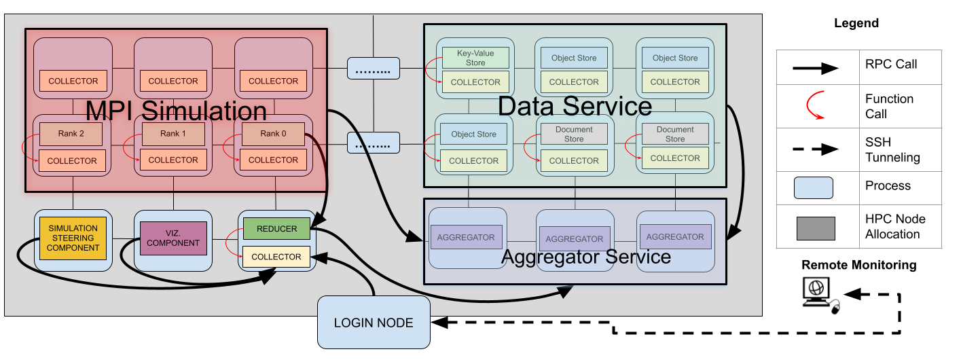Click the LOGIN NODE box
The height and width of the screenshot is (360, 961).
374,323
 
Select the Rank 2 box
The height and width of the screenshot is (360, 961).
71,134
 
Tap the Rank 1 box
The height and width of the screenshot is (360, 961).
173,134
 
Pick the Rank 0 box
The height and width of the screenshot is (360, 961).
273,134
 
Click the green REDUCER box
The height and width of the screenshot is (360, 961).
276,229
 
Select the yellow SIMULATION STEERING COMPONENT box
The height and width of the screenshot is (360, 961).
73,238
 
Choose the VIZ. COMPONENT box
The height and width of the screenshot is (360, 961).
173,238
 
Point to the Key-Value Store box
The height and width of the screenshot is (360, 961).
475,58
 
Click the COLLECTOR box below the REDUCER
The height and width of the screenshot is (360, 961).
276,257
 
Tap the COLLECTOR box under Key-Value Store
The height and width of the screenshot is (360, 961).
475,82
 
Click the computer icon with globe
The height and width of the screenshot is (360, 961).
820,294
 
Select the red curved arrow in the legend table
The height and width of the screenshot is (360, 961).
816,106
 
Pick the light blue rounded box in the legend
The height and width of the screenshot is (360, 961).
814,187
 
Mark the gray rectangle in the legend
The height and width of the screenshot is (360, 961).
816,228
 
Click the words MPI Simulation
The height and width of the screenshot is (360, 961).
176,110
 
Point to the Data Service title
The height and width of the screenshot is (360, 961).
575,106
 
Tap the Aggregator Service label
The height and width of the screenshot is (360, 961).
585,257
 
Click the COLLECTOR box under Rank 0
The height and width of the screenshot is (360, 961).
273,160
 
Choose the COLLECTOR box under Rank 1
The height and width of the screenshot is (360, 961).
173,160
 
